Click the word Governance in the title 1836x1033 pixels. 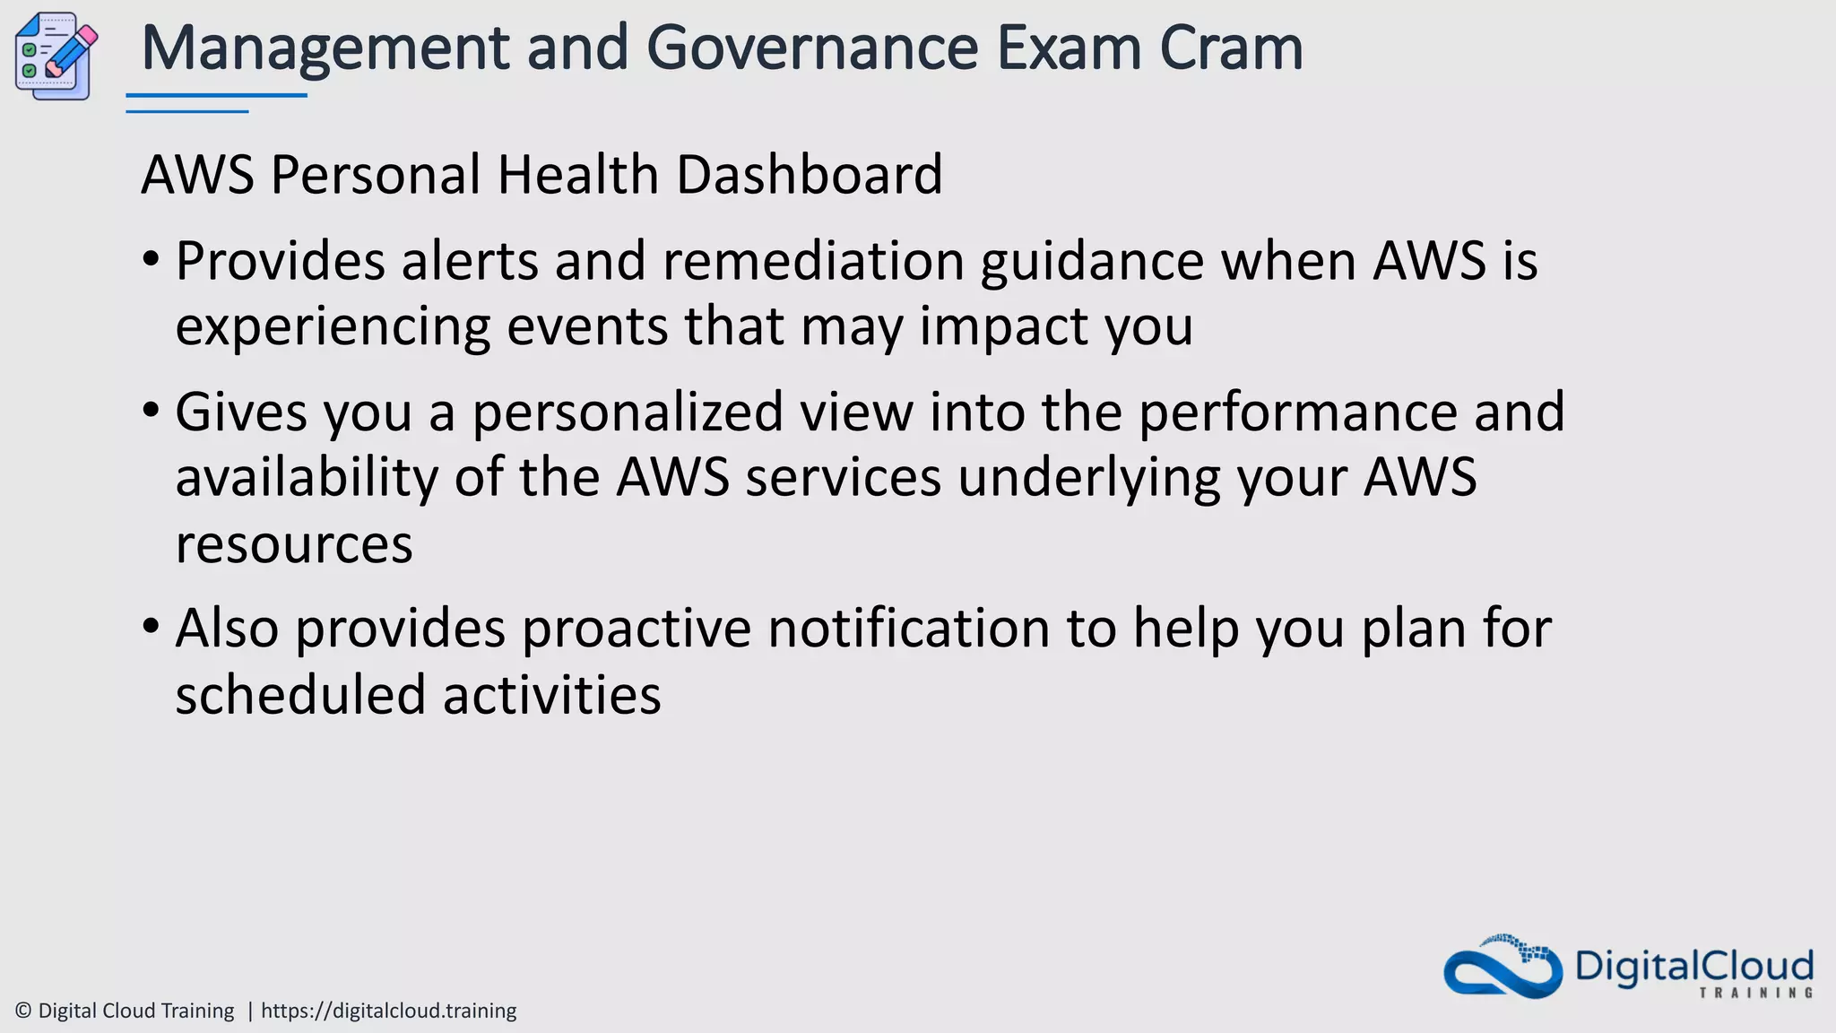[811, 48]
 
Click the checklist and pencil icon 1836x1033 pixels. [56, 56]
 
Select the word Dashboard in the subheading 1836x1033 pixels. [809, 174]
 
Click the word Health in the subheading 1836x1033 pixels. [577, 174]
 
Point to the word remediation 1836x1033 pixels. [813, 262]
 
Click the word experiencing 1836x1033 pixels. [333, 326]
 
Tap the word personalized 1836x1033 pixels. [628, 412]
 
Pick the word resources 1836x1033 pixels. [294, 544]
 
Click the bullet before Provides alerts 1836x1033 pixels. [151, 261]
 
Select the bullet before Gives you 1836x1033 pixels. [151, 412]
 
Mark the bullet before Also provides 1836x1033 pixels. [151, 627]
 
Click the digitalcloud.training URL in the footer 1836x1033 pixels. [388, 1011]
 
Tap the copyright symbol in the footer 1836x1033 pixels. [23, 1011]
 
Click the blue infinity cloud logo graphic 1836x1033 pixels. [1503, 969]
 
